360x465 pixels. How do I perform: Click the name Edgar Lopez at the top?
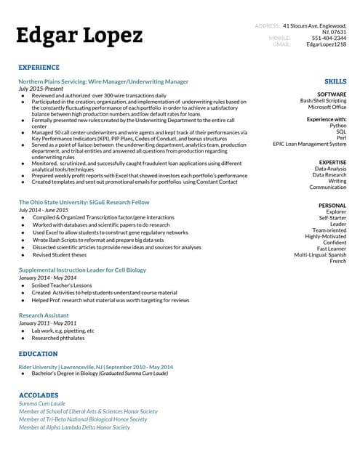pos(80,35)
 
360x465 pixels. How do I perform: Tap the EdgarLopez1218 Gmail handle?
pos(326,44)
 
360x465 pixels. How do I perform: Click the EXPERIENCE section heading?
pos(39,67)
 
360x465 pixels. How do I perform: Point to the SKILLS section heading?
pos(335,81)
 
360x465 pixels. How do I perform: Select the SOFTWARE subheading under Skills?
pos(332,94)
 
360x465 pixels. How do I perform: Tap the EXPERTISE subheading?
pos(333,163)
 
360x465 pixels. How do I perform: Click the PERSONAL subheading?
pos(332,206)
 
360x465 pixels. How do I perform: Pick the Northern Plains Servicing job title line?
pos(103,81)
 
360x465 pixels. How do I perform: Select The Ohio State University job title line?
pos(84,202)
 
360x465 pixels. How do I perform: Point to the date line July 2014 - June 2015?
pos(49,210)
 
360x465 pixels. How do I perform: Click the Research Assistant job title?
pos(44,315)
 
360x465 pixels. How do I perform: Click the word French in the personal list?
pos(338,262)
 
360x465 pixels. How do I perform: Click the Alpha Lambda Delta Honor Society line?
pos(74,428)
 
